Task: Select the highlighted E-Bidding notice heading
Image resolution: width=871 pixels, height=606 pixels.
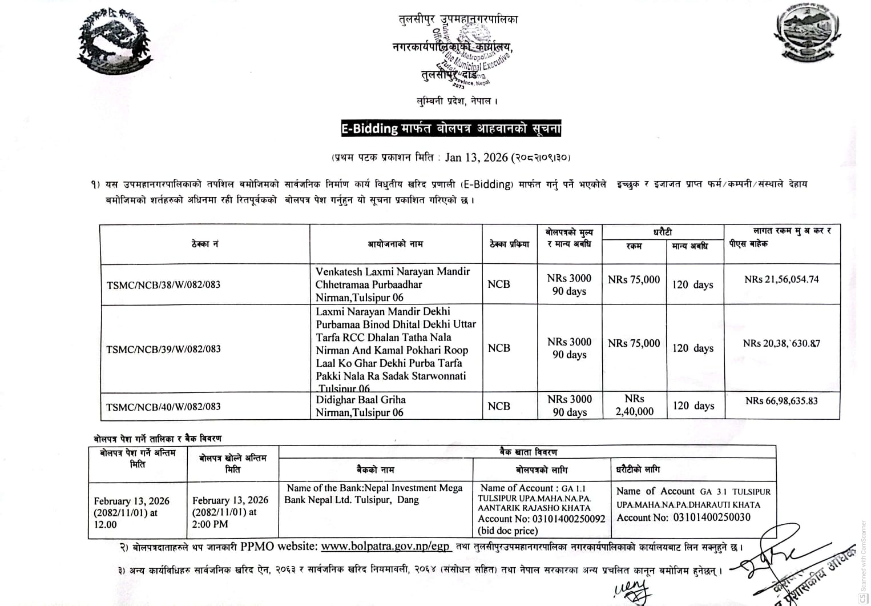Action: [451, 129]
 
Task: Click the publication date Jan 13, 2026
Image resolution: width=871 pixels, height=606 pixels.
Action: [477, 157]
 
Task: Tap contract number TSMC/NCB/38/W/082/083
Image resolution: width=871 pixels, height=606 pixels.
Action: [163, 284]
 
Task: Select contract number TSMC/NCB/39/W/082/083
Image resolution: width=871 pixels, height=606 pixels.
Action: [163, 349]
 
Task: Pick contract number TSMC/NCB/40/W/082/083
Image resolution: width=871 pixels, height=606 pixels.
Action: [163, 407]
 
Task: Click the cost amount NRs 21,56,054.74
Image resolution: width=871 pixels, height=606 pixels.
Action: [781, 279]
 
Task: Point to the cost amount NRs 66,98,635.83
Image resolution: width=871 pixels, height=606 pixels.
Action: [781, 401]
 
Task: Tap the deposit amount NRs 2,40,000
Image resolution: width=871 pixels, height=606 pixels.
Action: [634, 406]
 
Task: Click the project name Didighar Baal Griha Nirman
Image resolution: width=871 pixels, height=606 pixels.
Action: [361, 406]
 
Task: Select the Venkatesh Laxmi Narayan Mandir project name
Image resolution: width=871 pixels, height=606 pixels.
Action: [393, 284]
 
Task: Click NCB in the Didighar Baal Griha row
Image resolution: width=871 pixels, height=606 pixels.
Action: [499, 406]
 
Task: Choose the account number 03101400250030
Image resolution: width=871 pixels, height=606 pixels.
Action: [712, 517]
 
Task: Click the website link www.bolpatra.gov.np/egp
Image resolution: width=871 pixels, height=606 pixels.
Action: [385, 546]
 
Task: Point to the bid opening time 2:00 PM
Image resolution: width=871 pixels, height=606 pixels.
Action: [210, 524]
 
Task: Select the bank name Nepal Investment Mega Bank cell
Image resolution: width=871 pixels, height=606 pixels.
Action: [374, 494]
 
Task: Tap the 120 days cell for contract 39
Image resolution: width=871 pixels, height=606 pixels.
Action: [693, 348]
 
